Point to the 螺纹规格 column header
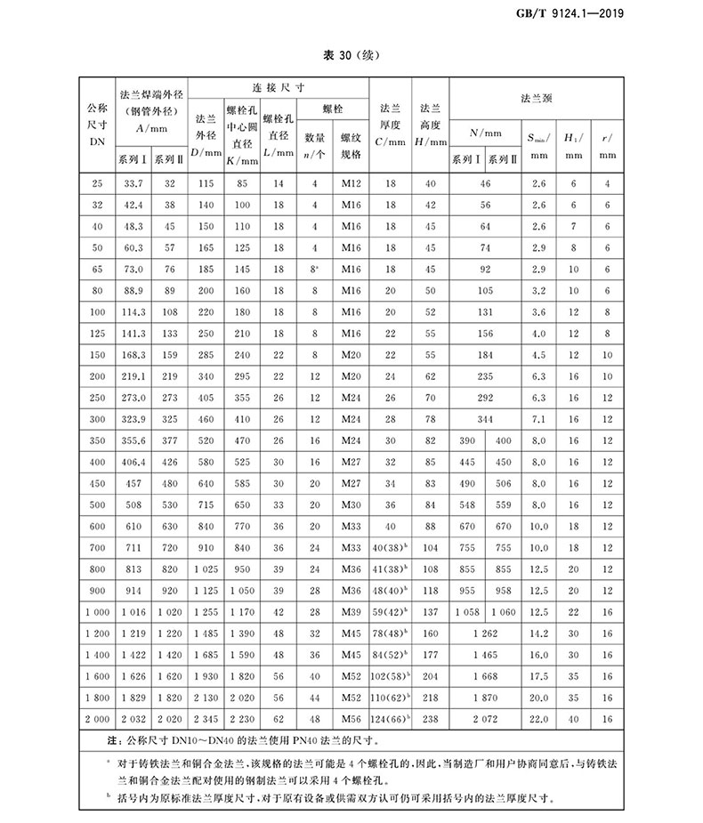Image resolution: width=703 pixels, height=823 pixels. [x=351, y=146]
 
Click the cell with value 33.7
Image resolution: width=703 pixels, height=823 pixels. [x=133, y=183]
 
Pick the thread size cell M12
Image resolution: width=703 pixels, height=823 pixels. [x=351, y=183]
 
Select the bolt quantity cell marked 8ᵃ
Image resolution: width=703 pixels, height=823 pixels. [x=315, y=268]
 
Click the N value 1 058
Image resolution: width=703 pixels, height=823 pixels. [x=467, y=611]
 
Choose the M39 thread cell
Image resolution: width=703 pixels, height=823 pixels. [x=351, y=611]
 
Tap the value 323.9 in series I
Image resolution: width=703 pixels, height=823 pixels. [x=133, y=418]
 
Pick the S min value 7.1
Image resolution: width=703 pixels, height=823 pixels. [x=537, y=418]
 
